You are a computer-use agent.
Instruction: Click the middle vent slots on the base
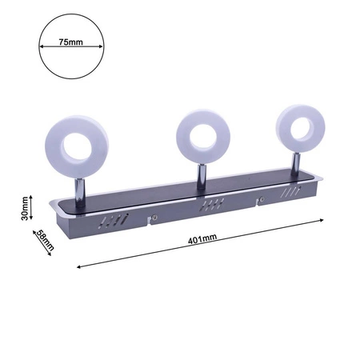211,205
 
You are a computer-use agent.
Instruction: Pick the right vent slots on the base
289,193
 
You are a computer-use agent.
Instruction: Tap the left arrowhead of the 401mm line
78,265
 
